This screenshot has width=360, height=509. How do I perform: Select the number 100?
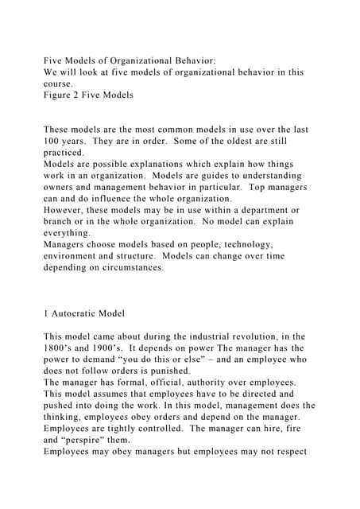coord(52,141)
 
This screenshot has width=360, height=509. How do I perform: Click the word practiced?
coord(64,152)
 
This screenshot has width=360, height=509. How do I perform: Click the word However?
coord(69,210)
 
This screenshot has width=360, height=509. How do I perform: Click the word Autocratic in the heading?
coord(79,314)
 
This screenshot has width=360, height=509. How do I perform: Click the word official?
coord(189,383)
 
